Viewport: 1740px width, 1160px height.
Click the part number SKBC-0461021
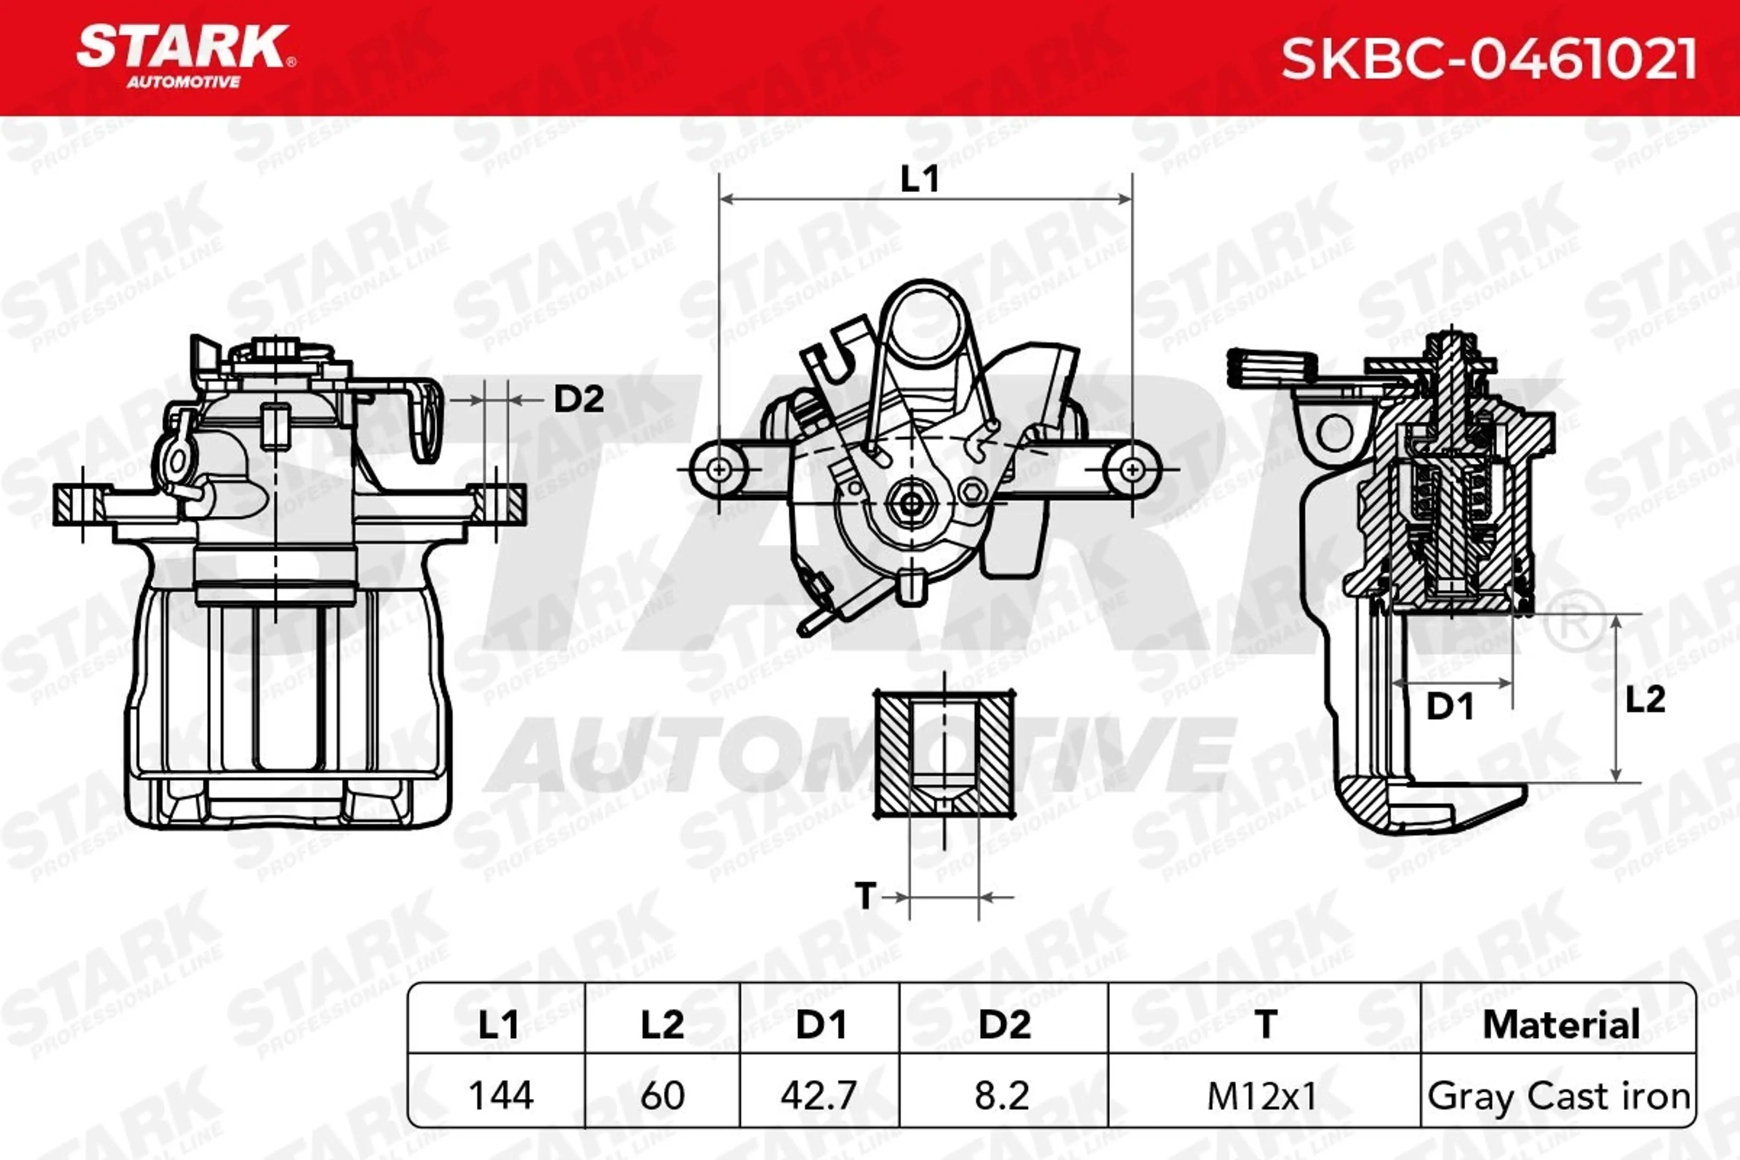coord(1489,59)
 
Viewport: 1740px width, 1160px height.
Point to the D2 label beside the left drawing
coord(579,400)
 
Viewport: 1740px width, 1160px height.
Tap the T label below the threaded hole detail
coord(865,896)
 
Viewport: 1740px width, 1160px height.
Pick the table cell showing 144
coord(501,1095)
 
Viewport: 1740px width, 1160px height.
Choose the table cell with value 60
coord(662,1095)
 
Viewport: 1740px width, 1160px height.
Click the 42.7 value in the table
coord(818,1095)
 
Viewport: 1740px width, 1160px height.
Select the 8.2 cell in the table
coord(1002,1095)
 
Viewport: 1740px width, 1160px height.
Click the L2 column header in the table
coord(662,1025)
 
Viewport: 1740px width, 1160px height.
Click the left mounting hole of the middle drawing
coord(718,469)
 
